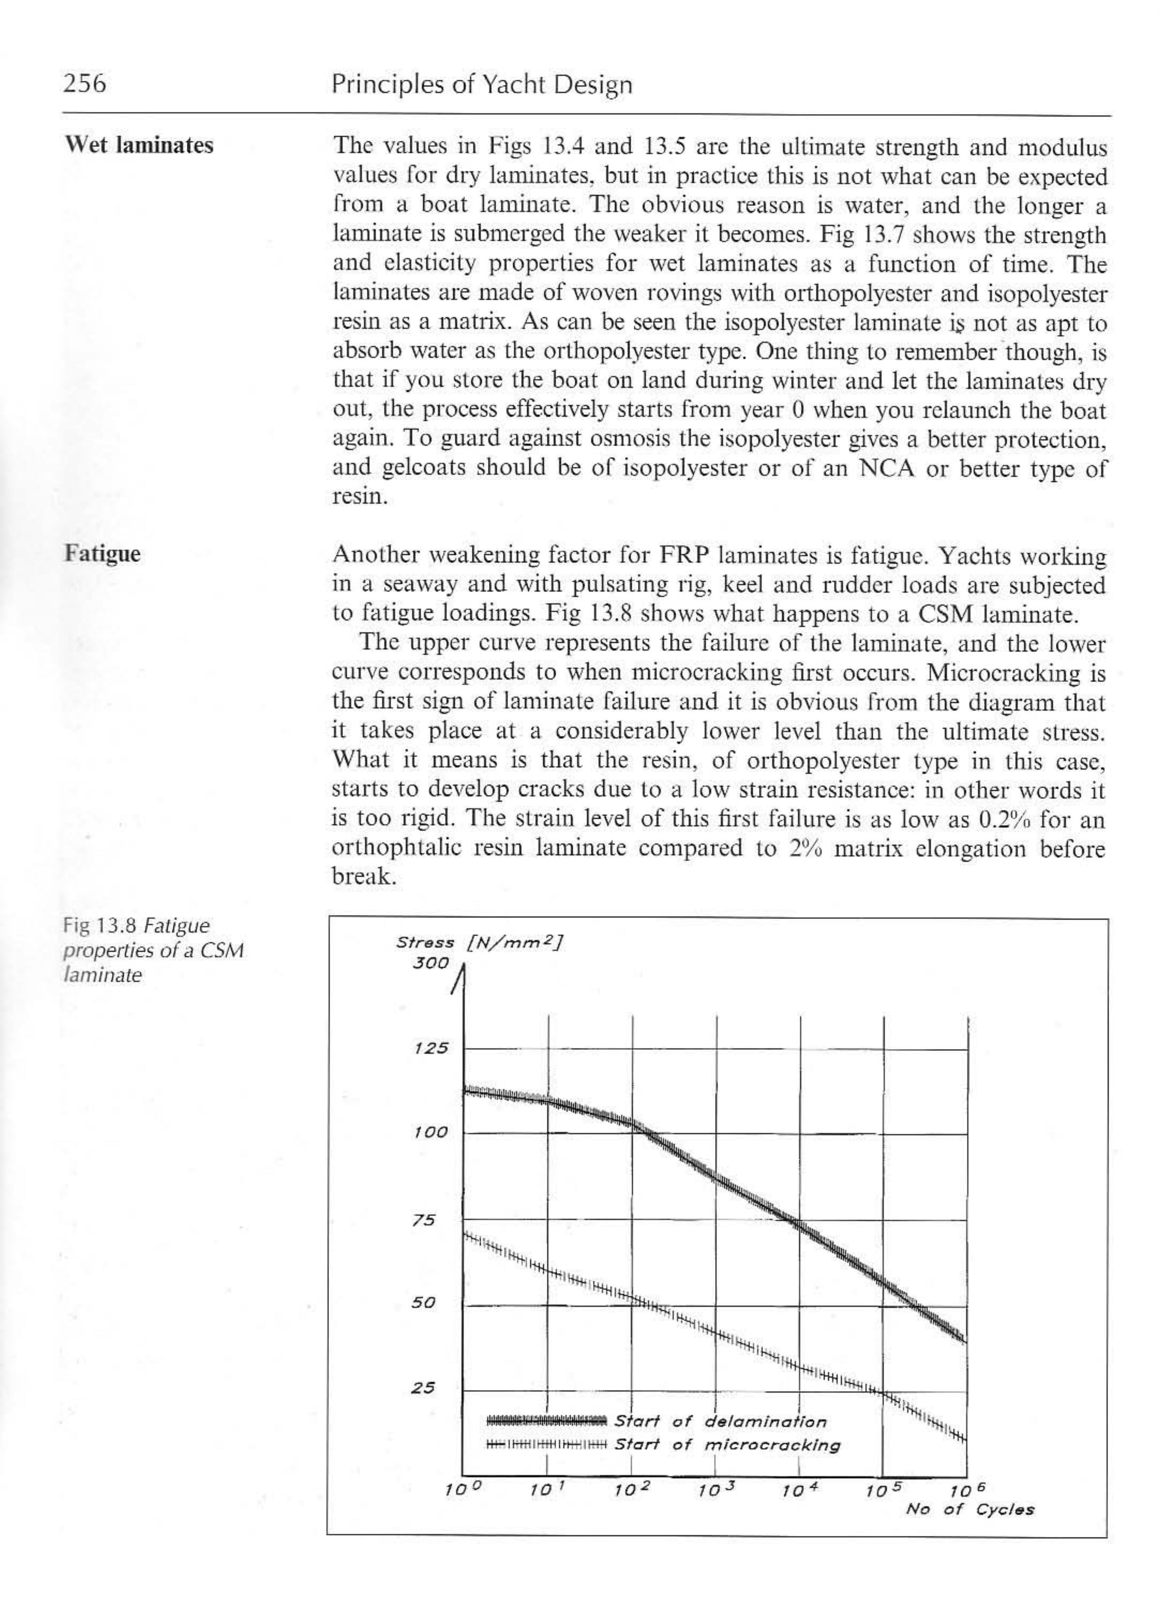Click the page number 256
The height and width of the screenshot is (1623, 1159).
tap(84, 84)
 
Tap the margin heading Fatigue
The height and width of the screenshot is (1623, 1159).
tap(103, 554)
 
